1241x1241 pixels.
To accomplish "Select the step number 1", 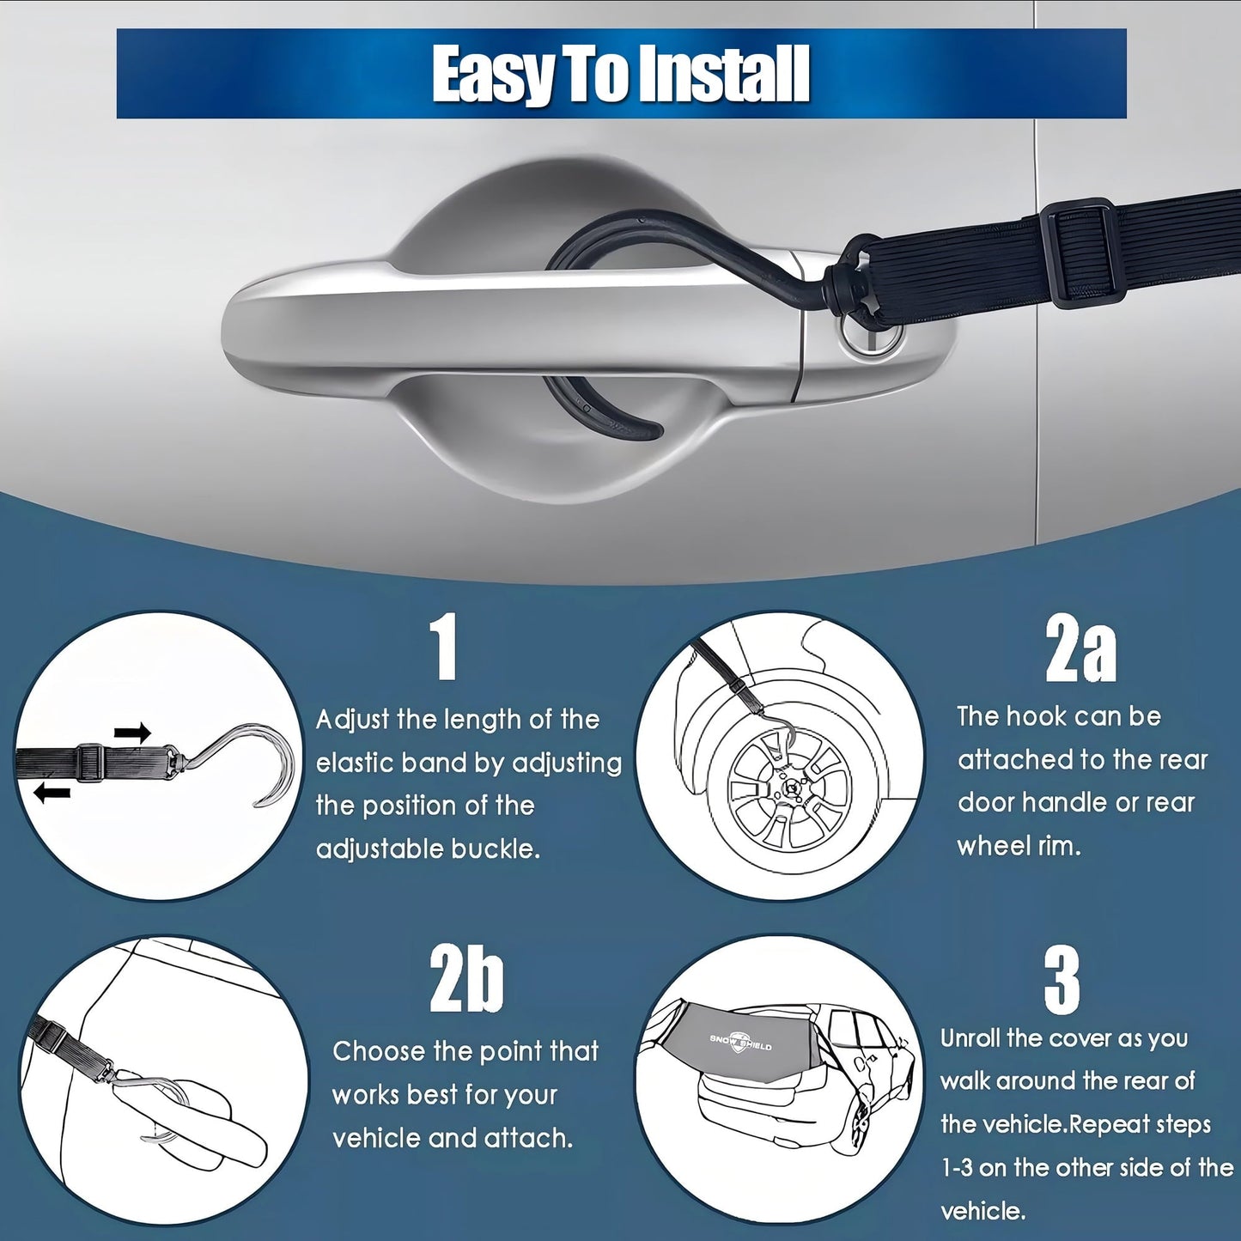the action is point(444,647).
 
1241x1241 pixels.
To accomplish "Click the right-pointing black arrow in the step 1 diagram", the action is point(132,733).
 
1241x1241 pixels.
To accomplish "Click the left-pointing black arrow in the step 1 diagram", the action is point(52,794).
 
